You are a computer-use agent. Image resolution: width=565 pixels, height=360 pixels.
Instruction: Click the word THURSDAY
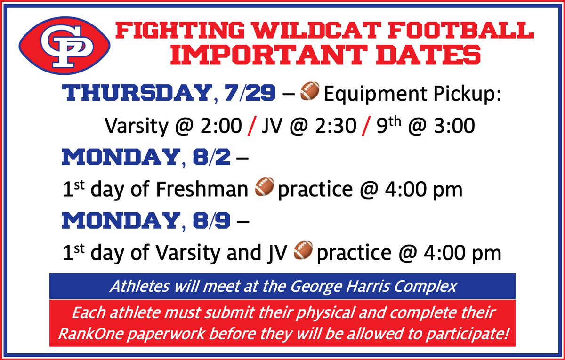click(x=135, y=93)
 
